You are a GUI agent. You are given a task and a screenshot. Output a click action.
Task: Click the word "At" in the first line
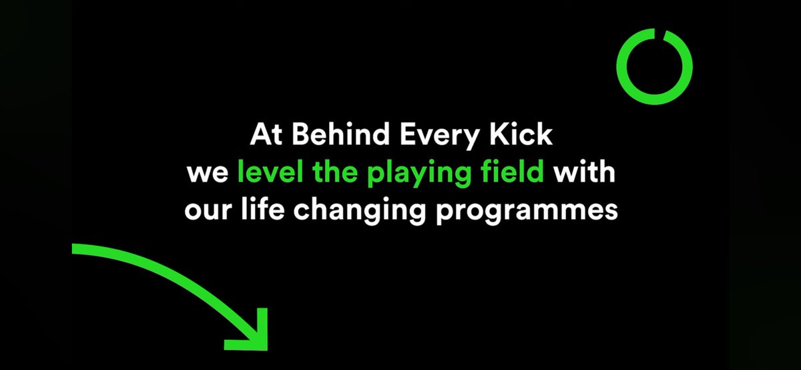[x=262, y=136]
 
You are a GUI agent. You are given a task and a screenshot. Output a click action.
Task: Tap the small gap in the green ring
[x=657, y=32]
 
